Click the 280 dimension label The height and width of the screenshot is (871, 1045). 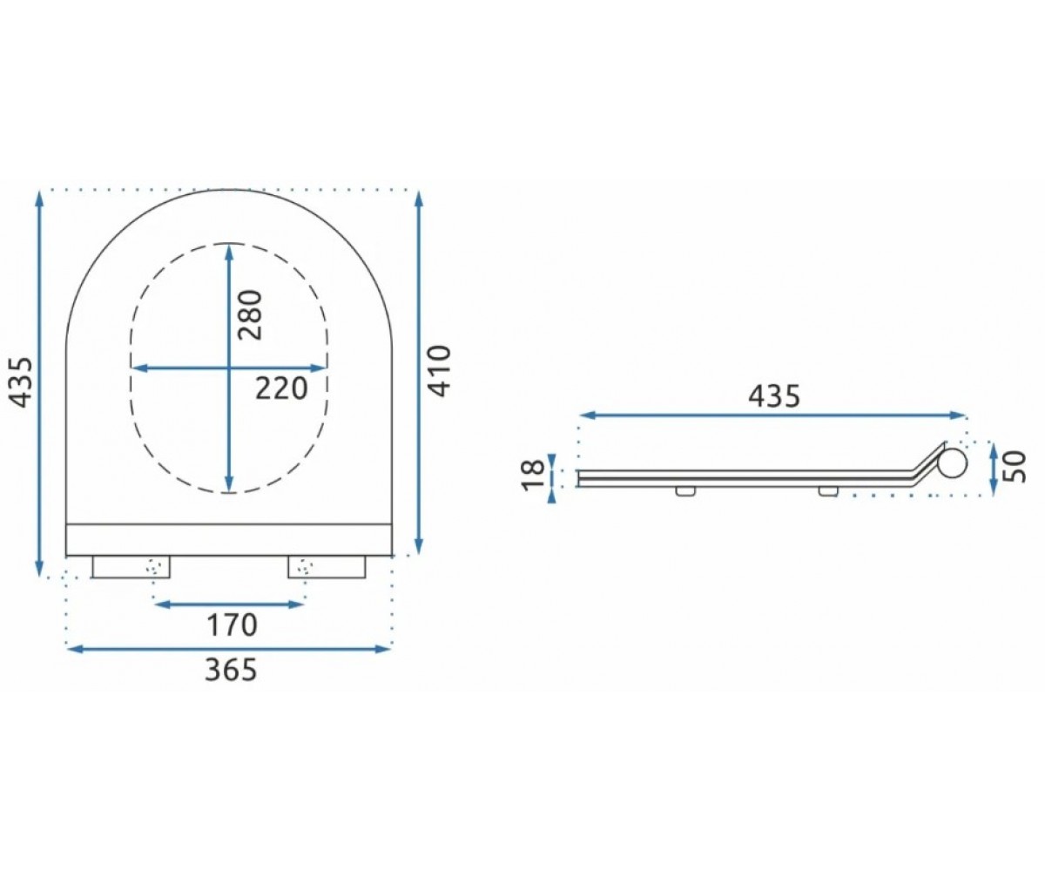coord(250,315)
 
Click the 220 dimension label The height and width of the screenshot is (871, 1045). coord(280,388)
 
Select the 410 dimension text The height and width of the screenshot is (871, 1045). coord(441,371)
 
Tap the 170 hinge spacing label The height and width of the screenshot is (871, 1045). coord(232,625)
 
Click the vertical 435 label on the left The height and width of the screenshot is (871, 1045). coord(21,382)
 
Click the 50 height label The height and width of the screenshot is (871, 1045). coord(1015,467)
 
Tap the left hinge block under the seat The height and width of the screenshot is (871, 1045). coord(131,567)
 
